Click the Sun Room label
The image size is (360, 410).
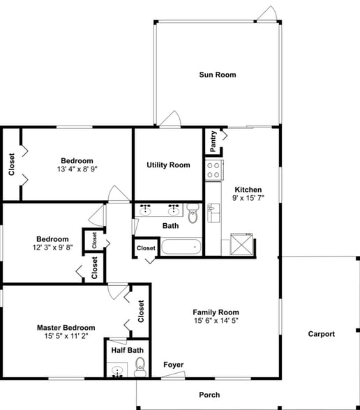(217, 75)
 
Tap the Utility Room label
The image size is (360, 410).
(168, 165)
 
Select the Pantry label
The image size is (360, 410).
(213, 142)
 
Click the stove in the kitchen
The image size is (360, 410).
(213, 169)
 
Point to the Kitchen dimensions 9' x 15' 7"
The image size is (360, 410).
(248, 199)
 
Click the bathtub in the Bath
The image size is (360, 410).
(181, 247)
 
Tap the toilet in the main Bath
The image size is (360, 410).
(193, 214)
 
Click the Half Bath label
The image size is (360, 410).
(127, 350)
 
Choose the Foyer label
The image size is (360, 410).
(173, 365)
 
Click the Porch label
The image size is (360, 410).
(209, 395)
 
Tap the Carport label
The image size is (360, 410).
(322, 334)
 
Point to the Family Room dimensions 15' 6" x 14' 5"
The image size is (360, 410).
(216, 321)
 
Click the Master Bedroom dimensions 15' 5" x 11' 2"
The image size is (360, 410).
(66, 337)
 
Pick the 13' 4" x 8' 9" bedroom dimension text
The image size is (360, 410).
(77, 169)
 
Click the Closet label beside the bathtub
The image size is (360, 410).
(146, 248)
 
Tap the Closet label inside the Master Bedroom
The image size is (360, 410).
(141, 311)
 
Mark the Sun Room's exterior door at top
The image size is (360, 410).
(267, 13)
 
